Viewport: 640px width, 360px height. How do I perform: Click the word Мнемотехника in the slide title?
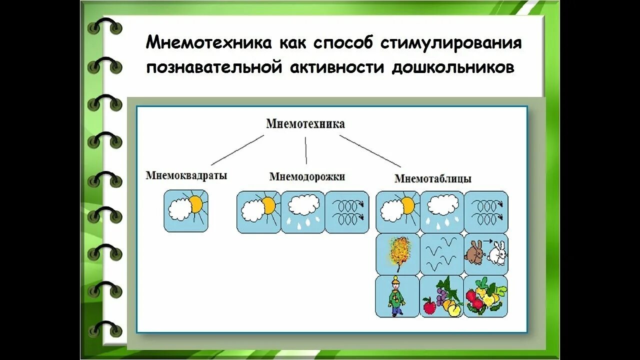tap(209, 43)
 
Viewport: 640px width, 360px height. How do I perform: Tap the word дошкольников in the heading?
tap(453, 68)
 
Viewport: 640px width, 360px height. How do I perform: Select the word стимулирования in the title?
tap(452, 43)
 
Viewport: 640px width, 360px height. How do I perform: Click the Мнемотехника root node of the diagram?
tap(305, 123)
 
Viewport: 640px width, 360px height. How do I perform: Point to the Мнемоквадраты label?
tap(186, 175)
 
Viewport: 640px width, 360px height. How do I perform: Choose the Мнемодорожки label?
tap(307, 176)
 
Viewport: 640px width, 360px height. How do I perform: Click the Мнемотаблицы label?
tap(433, 178)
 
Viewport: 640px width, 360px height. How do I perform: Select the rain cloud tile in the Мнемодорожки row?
tap(303, 212)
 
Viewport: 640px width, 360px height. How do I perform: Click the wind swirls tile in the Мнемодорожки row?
tap(347, 212)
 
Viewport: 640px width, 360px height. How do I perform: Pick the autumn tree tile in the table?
tap(397, 253)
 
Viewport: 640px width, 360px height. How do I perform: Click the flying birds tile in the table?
tap(441, 253)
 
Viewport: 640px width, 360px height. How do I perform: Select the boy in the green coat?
tap(396, 296)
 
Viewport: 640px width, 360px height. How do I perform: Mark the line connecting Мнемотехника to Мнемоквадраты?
tap(237, 150)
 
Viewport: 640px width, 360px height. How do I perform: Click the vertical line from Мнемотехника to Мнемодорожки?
tap(306, 150)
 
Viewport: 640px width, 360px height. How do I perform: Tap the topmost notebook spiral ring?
tap(105, 27)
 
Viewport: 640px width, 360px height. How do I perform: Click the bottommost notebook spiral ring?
tap(105, 328)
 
